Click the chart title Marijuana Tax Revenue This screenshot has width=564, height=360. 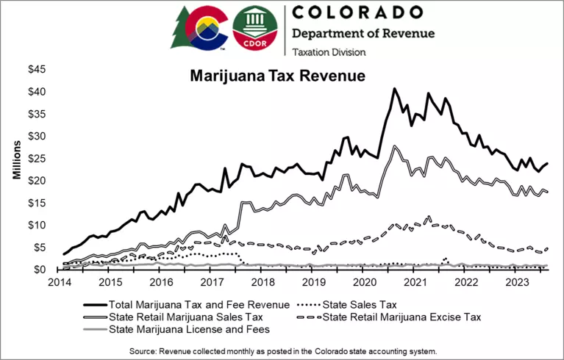click(278, 76)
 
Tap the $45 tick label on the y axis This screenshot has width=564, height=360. click(38, 70)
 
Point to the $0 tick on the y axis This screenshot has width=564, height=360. click(42, 270)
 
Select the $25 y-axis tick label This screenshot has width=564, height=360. click(38, 159)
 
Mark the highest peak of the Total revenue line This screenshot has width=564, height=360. click(394, 88)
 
